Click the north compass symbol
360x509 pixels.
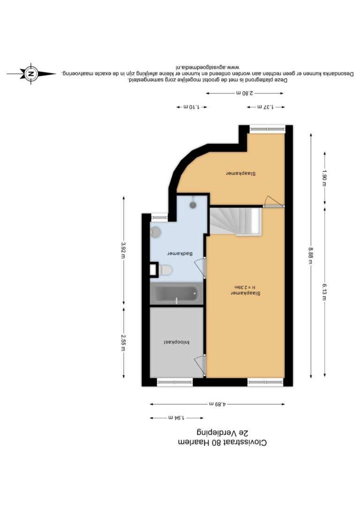(x=31, y=74)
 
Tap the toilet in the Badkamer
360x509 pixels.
(x=165, y=270)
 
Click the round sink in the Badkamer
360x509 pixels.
(x=156, y=232)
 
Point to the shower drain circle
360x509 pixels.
(x=193, y=205)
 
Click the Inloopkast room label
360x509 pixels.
(x=177, y=342)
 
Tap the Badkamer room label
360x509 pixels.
(x=180, y=254)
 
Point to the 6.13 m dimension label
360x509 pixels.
(x=324, y=292)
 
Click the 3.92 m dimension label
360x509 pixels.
(x=123, y=250)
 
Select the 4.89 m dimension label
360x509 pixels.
(x=217, y=404)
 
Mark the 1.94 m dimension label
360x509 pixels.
(x=177, y=418)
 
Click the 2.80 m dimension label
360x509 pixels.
(x=244, y=93)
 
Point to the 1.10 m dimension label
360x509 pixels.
(x=192, y=107)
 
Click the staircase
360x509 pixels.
(x=235, y=221)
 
